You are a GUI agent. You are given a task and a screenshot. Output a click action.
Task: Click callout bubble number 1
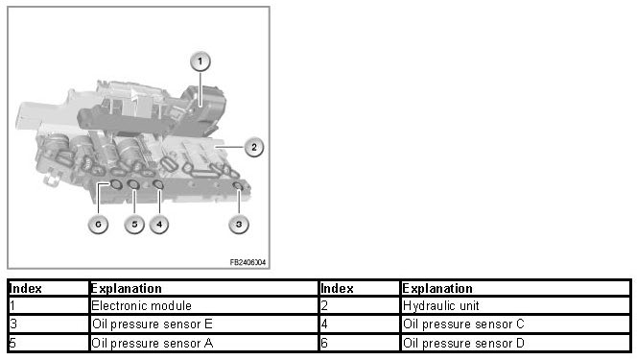click(x=200, y=61)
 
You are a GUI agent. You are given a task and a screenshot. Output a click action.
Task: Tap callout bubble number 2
click(x=254, y=147)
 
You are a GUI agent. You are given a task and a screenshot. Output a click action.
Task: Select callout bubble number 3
click(x=239, y=224)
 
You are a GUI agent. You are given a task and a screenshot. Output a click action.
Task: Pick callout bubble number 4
click(x=159, y=224)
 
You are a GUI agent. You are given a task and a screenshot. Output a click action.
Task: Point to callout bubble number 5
click(x=134, y=224)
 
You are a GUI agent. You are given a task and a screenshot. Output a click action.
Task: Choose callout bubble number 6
click(x=98, y=224)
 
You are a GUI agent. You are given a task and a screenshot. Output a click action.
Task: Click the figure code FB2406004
click(x=248, y=262)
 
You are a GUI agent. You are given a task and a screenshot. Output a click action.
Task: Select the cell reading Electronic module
click(x=203, y=305)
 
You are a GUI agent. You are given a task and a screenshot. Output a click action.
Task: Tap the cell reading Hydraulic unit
click(x=515, y=305)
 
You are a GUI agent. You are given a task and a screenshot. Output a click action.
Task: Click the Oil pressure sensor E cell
click(x=203, y=324)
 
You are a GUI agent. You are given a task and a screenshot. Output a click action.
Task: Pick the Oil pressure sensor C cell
click(x=515, y=324)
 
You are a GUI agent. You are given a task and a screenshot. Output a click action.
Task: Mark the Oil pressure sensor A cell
click(x=203, y=343)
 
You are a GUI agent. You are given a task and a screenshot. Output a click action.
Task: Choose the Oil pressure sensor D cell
click(x=515, y=343)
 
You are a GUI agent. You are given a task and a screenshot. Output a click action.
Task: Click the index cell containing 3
click(x=48, y=324)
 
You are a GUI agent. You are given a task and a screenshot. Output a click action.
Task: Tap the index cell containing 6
click(x=359, y=343)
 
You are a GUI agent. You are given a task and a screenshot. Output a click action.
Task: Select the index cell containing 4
click(x=359, y=324)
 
